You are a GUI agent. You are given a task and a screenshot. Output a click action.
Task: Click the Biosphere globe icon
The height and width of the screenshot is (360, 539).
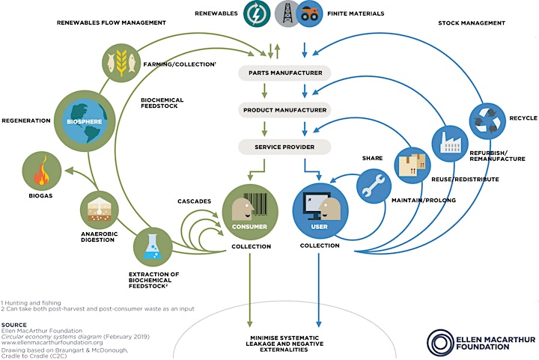[84, 121]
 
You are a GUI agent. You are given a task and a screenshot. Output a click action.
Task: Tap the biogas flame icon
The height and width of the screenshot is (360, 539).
[42, 171]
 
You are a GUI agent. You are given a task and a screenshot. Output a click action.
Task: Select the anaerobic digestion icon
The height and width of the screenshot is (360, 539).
[100, 210]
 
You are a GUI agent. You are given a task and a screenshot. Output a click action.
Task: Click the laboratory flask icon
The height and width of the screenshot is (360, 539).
[153, 247]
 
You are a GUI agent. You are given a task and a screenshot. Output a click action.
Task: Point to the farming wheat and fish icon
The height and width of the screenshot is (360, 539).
[121, 63]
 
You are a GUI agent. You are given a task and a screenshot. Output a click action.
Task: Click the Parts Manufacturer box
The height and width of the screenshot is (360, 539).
[284, 73]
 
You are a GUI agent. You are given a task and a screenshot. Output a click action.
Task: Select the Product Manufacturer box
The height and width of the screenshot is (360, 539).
[284, 110]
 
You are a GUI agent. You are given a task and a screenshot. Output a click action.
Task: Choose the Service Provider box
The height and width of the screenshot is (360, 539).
[284, 147]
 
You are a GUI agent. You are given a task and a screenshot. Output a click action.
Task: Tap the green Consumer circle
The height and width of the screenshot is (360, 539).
[250, 212]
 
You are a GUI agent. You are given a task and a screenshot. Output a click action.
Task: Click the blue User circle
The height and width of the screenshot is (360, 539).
[320, 211]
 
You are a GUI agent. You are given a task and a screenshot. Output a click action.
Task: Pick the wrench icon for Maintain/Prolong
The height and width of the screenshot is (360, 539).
[374, 186]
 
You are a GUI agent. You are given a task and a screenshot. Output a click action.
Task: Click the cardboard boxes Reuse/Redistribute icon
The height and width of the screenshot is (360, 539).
[412, 165]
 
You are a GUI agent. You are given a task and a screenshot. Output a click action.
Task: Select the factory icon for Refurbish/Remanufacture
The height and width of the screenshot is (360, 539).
[450, 144]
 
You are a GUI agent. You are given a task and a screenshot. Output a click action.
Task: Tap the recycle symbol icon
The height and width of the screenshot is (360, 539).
[487, 121]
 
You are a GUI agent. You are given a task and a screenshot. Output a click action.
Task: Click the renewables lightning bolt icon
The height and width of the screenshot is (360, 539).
[257, 13]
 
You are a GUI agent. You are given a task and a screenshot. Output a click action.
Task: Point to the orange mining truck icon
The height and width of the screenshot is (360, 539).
[310, 13]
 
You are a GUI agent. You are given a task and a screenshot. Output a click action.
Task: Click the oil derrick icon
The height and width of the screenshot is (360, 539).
[287, 13]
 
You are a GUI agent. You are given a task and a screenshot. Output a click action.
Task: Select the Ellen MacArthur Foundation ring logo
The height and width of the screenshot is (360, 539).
[440, 343]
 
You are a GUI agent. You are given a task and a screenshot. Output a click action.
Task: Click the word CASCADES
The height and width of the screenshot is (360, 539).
[194, 201]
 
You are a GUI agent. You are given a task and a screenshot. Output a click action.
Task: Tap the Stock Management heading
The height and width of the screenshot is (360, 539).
[472, 23]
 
